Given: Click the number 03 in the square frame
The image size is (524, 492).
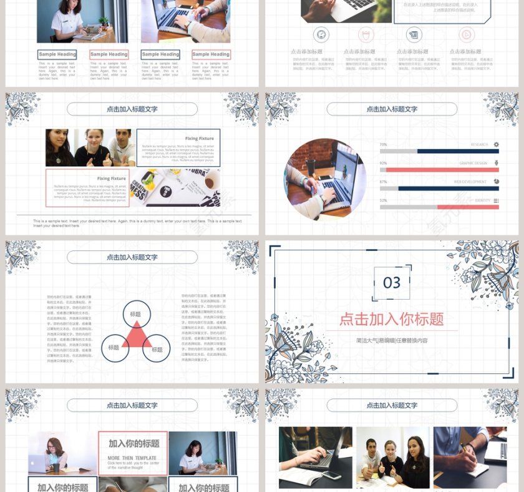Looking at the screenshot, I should pos(392,283).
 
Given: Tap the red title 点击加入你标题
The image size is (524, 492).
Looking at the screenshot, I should pos(392,319).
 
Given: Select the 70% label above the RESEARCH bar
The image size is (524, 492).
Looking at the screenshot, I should pos(383,144).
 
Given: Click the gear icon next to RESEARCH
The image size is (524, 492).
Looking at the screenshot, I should pos(496,144).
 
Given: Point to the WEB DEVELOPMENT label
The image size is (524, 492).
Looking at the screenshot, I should pos(470,182).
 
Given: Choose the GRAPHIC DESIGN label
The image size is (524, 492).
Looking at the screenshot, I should pos(473,163).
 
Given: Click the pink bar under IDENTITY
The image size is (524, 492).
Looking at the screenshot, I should pos(468,207).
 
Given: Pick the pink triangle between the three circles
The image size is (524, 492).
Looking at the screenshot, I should pos(136,338).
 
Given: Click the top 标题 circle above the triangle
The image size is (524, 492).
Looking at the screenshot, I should pos(136,315).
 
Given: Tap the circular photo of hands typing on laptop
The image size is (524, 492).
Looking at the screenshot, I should pos(325,179).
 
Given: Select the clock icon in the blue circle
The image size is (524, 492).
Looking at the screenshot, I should pos(321,34).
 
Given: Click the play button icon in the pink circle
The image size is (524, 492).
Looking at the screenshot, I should pos(466,34).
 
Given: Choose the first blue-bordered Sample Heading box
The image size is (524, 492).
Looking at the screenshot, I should pos(57,54).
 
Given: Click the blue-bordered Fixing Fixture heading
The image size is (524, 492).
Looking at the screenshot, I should pos(199,139).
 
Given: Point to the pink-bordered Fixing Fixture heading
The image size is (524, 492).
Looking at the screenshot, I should pos(111,179).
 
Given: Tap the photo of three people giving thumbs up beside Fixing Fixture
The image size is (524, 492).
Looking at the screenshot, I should pos(90,148).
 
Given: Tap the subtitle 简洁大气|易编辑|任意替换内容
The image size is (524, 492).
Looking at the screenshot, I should pos(392,340).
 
